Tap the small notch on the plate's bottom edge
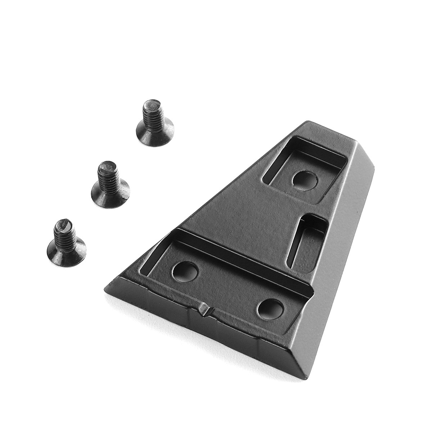point(204,310)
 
